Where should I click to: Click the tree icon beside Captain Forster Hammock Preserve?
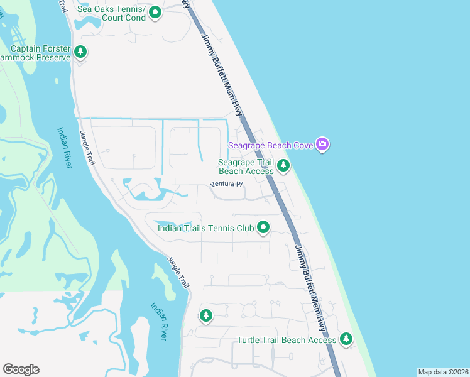click(x=80, y=52)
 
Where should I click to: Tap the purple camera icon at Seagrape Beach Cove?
click(x=322, y=145)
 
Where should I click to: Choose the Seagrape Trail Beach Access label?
click(x=246, y=167)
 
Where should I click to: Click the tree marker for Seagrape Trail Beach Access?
click(x=283, y=166)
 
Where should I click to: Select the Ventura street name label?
click(x=226, y=184)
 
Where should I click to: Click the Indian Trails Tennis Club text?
click(x=205, y=228)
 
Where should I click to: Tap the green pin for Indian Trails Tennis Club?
click(x=264, y=227)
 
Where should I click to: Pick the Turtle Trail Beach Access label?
click(x=287, y=340)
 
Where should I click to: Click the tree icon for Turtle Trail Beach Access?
click(x=346, y=339)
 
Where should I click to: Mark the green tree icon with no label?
click(x=205, y=315)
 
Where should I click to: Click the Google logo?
click(x=21, y=369)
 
